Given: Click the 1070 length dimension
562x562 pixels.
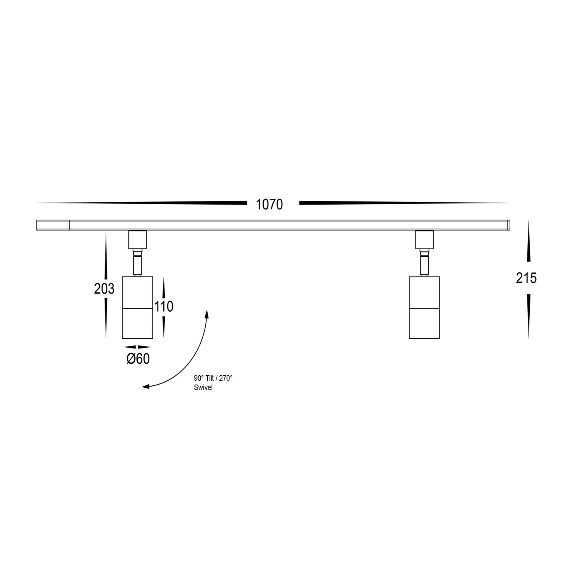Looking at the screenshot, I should (x=269, y=205).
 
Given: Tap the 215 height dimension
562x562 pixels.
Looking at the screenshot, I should (x=526, y=278).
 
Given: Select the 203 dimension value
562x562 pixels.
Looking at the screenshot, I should (x=104, y=289).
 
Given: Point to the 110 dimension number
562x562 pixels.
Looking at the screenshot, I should (x=164, y=307).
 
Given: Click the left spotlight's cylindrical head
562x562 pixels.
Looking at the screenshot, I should (x=138, y=307).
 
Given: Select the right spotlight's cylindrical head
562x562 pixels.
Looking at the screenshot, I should (x=424, y=307).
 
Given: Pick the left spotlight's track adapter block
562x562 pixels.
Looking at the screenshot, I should (x=138, y=240).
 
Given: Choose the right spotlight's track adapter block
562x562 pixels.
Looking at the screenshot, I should (x=424, y=240).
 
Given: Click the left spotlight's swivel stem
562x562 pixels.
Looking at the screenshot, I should (x=138, y=264).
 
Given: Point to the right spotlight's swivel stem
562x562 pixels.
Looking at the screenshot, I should (x=424, y=264).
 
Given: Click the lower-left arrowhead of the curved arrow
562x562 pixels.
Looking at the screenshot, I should (x=146, y=387).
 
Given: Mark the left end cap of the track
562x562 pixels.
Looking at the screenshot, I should (x=53, y=225).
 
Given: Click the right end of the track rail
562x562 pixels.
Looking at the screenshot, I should (x=508, y=225).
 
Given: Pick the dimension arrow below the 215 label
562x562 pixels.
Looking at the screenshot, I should (x=528, y=315).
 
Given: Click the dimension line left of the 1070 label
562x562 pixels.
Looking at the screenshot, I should (x=156, y=203).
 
